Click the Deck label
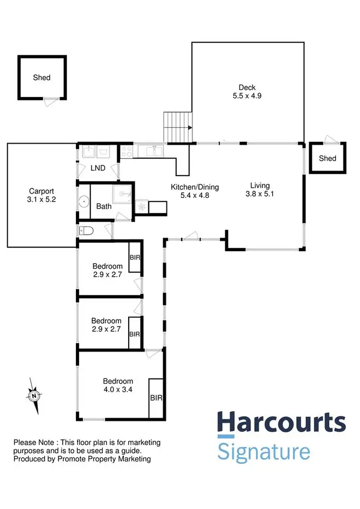tap(248, 87)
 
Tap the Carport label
tap(42, 190)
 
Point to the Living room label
tap(260, 185)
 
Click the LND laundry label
tap(98, 168)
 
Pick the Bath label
tap(104, 206)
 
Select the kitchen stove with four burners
tap(126, 152)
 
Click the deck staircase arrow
tap(191, 128)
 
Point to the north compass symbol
tap(34, 396)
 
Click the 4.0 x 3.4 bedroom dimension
tap(118, 389)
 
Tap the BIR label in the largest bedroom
tap(156, 398)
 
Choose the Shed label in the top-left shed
tap(42, 77)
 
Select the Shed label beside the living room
tap(328, 158)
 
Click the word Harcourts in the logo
tap(281, 423)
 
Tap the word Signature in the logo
tap(264, 452)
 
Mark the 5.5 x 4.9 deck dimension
tap(248, 96)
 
